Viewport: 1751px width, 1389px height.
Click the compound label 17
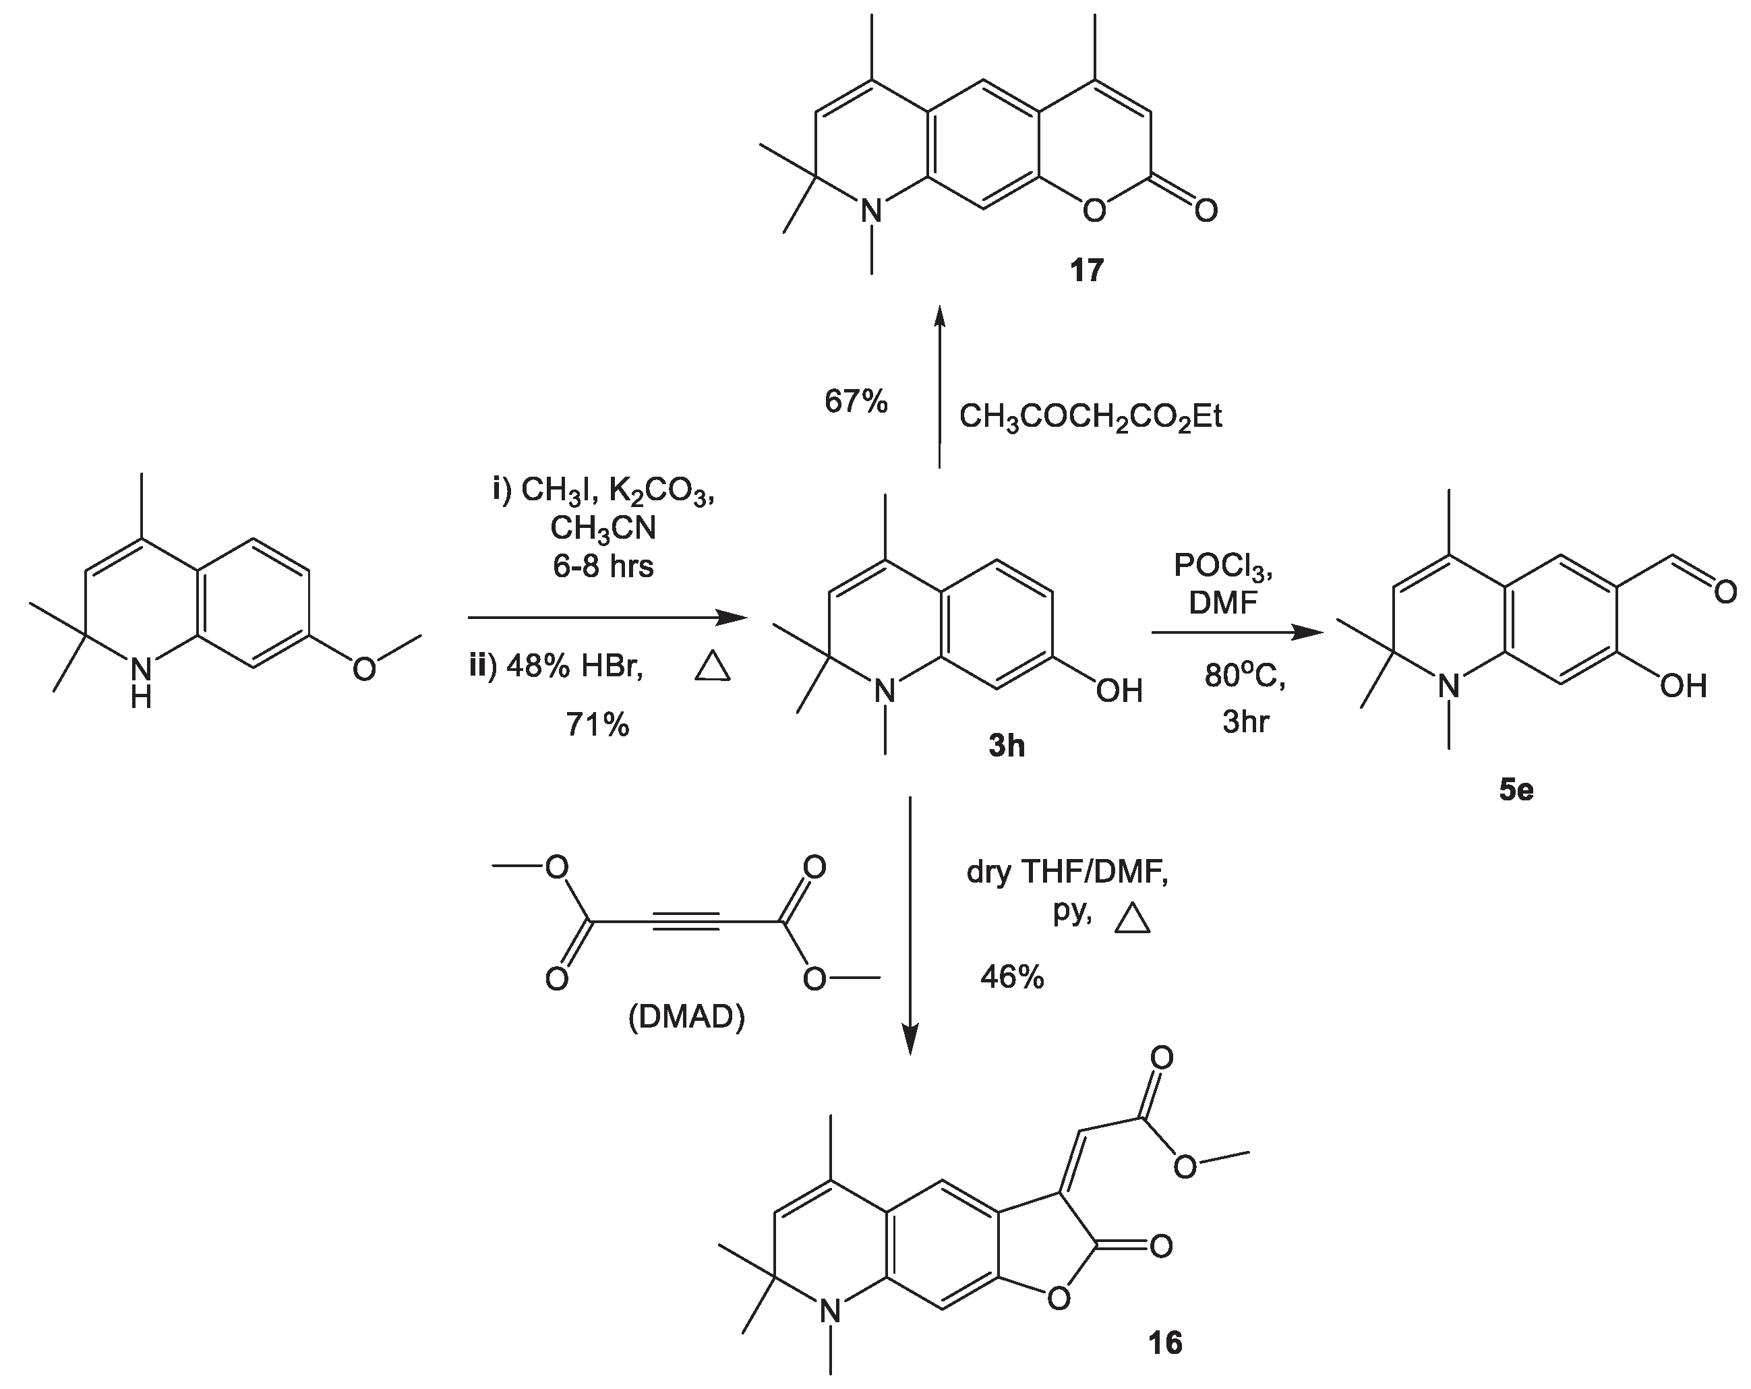click(x=1087, y=270)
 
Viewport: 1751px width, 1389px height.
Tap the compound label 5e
click(x=1516, y=790)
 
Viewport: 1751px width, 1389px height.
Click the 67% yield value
click(x=856, y=401)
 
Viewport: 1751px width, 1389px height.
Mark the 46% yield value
click(x=1012, y=977)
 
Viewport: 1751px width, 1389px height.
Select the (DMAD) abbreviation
click(x=686, y=1017)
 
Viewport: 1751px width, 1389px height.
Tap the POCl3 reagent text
click(x=1223, y=568)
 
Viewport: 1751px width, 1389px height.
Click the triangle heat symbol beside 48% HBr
click(x=713, y=668)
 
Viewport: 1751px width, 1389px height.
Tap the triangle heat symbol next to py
click(x=1132, y=920)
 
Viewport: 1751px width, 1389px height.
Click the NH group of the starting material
click(x=142, y=681)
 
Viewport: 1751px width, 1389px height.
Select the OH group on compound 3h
click(x=1119, y=691)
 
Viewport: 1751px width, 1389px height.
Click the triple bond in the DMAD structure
click(x=686, y=922)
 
